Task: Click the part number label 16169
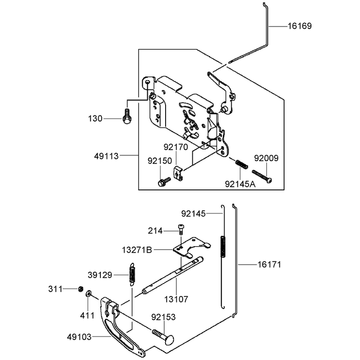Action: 300,26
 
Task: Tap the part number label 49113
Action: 106,156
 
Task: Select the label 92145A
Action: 240,184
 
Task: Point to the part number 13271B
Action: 137,250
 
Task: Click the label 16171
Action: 269,265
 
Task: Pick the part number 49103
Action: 79,337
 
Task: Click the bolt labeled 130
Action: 127,116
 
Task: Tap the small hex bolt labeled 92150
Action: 164,182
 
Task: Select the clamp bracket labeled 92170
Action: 178,174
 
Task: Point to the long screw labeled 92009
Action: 262,176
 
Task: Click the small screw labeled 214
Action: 181,229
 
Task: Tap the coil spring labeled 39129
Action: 132,274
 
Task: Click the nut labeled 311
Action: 81,289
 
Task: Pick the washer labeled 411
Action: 89,294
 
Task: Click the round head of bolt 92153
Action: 170,339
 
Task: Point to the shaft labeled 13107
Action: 172,275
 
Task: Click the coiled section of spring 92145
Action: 223,246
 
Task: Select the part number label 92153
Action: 163,317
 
